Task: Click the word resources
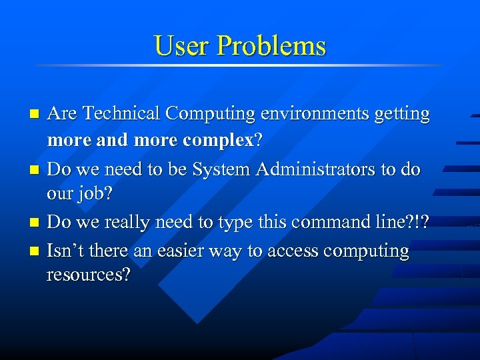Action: (x=88, y=274)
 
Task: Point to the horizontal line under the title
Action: (x=239, y=65)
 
